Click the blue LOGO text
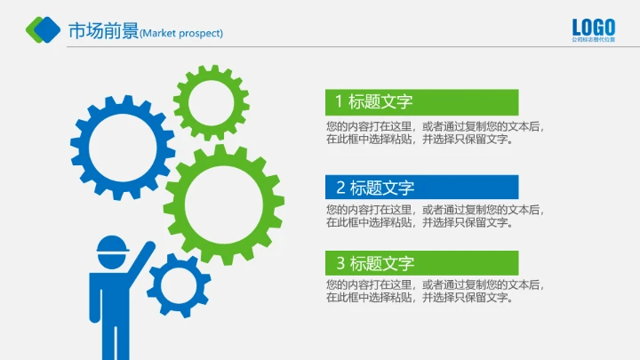pyautogui.click(x=593, y=26)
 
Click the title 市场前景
pyautogui.click(x=103, y=31)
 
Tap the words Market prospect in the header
pyautogui.click(x=182, y=34)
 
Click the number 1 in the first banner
pyautogui.click(x=339, y=101)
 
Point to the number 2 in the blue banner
pyautogui.click(x=340, y=188)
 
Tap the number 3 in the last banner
pyautogui.click(x=340, y=263)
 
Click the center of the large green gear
pyautogui.click(x=223, y=204)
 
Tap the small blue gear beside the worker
pyautogui.click(x=179, y=285)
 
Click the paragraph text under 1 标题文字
pyautogui.click(x=434, y=132)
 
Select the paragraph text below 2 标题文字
pyautogui.click(x=434, y=216)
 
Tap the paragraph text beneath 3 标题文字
pyautogui.click(x=434, y=292)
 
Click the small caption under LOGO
pyautogui.click(x=593, y=40)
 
